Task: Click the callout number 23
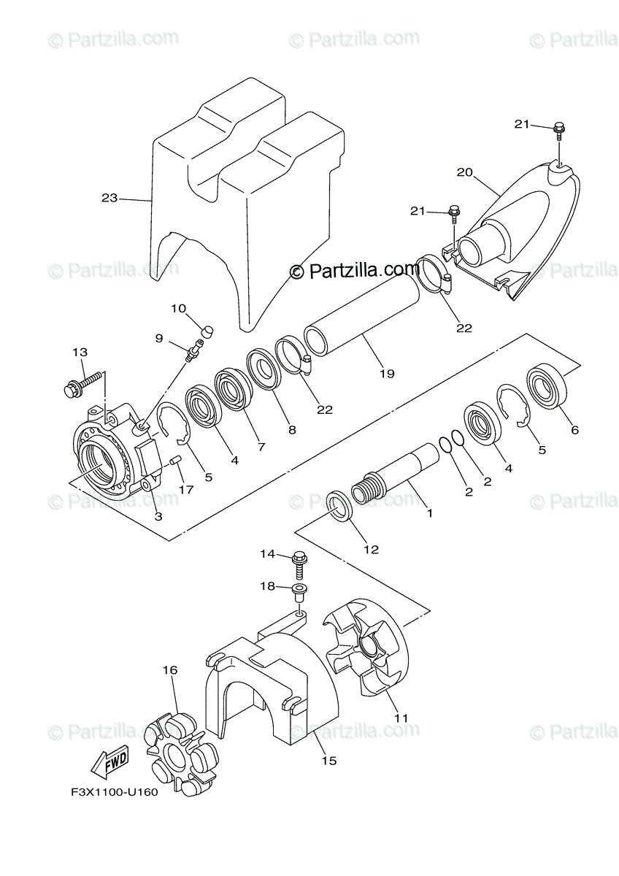pos(109,198)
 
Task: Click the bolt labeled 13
pos(85,382)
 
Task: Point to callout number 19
pos(387,373)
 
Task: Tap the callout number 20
pos(465,173)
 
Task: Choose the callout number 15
pos(328,761)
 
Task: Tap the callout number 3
pos(158,516)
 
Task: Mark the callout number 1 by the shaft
pos(430,513)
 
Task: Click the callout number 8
pos(292,430)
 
